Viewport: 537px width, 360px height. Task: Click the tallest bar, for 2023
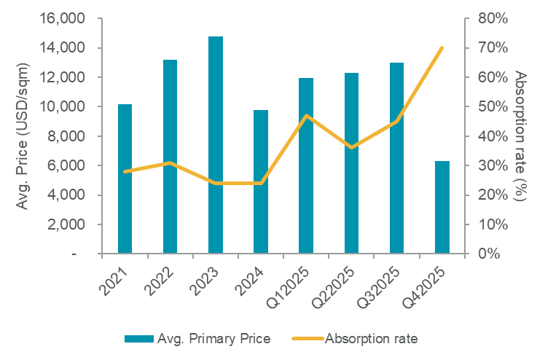click(216, 145)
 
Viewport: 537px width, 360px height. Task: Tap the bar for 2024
click(261, 182)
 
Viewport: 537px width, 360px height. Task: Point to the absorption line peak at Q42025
click(442, 48)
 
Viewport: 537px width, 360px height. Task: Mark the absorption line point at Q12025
click(306, 115)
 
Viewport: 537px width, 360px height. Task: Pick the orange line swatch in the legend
click(307, 339)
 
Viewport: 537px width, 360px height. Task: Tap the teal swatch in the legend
click(138, 339)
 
